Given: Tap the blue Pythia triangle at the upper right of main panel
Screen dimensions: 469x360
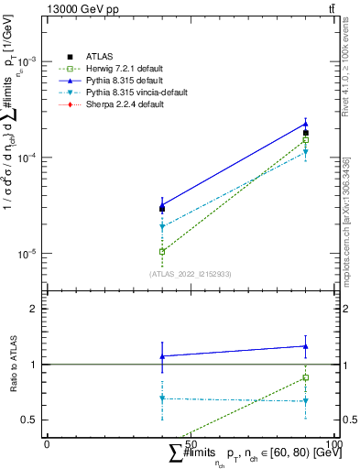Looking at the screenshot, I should click(x=306, y=124).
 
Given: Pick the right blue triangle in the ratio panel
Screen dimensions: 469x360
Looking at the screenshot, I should click(x=306, y=346).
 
